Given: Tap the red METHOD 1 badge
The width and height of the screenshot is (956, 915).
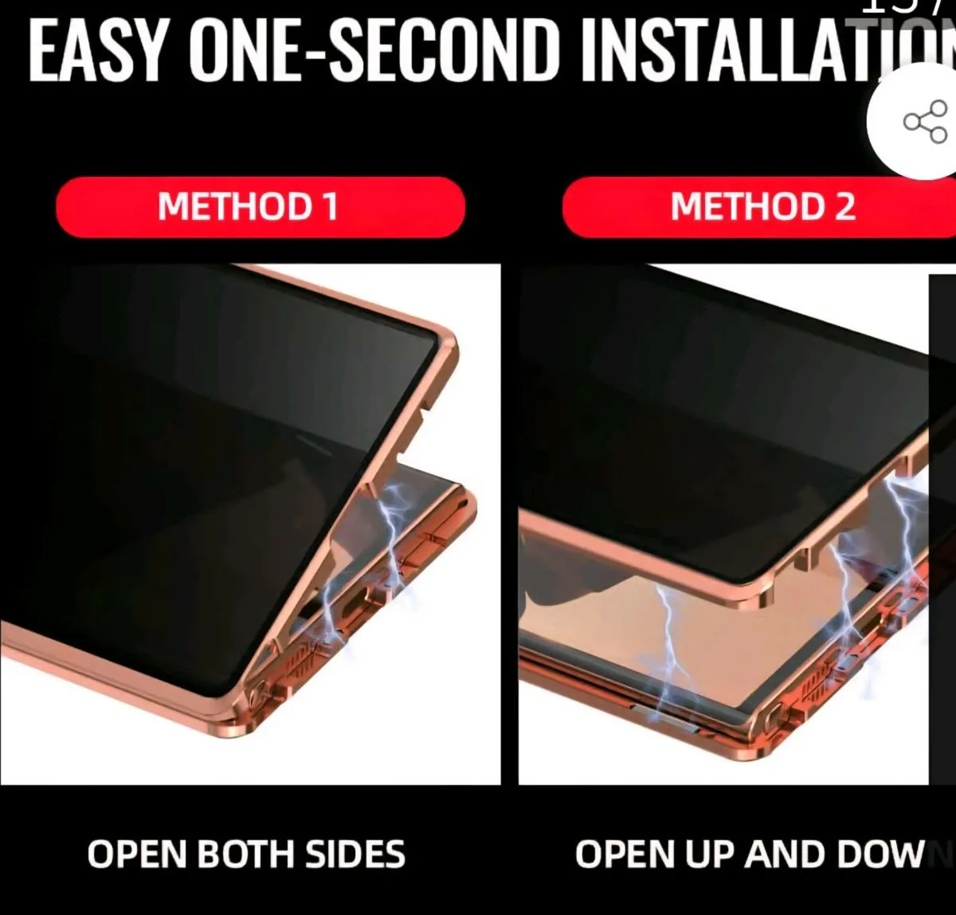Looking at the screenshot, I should tap(260, 206).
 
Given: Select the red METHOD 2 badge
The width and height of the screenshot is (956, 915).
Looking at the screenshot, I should tap(762, 206).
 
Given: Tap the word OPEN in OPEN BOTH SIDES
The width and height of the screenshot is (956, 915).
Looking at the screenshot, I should tap(136, 854).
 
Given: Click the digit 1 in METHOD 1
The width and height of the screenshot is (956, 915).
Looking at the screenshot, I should tap(329, 206).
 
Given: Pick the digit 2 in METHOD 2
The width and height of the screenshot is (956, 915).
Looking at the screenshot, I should tap(844, 206).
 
